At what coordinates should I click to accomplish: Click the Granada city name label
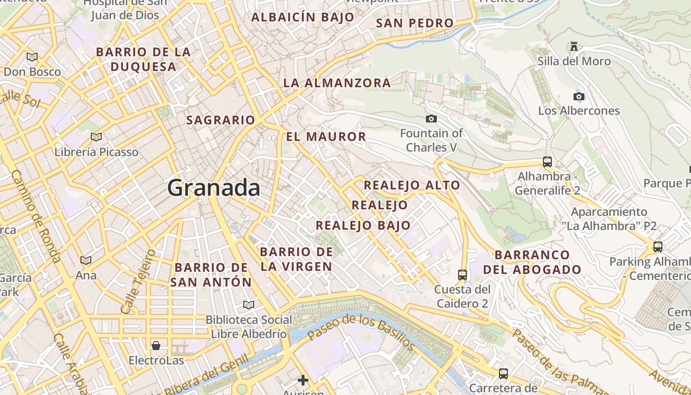[x=214, y=188]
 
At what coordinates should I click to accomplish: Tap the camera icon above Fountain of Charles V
[x=431, y=118]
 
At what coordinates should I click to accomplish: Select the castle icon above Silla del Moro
[x=574, y=46]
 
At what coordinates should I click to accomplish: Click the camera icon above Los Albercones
[x=578, y=96]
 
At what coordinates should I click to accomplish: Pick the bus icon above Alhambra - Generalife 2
[x=547, y=161]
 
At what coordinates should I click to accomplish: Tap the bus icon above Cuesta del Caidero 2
[x=462, y=275]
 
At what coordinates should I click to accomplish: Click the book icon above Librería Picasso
[x=96, y=137]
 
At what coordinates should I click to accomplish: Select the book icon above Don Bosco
[x=32, y=57]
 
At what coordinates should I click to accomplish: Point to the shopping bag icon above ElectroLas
[x=156, y=345]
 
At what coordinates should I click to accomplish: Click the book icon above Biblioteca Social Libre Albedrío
[x=249, y=305]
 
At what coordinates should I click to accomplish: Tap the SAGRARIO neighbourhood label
[x=221, y=120]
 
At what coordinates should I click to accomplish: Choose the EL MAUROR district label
[x=326, y=137]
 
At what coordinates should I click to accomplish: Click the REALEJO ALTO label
[x=412, y=186]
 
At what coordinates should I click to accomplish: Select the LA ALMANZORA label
[x=337, y=83]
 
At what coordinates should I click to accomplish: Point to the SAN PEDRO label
[x=415, y=23]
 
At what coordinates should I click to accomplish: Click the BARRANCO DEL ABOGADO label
[x=532, y=262]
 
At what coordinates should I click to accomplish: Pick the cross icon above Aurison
[x=303, y=380]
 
